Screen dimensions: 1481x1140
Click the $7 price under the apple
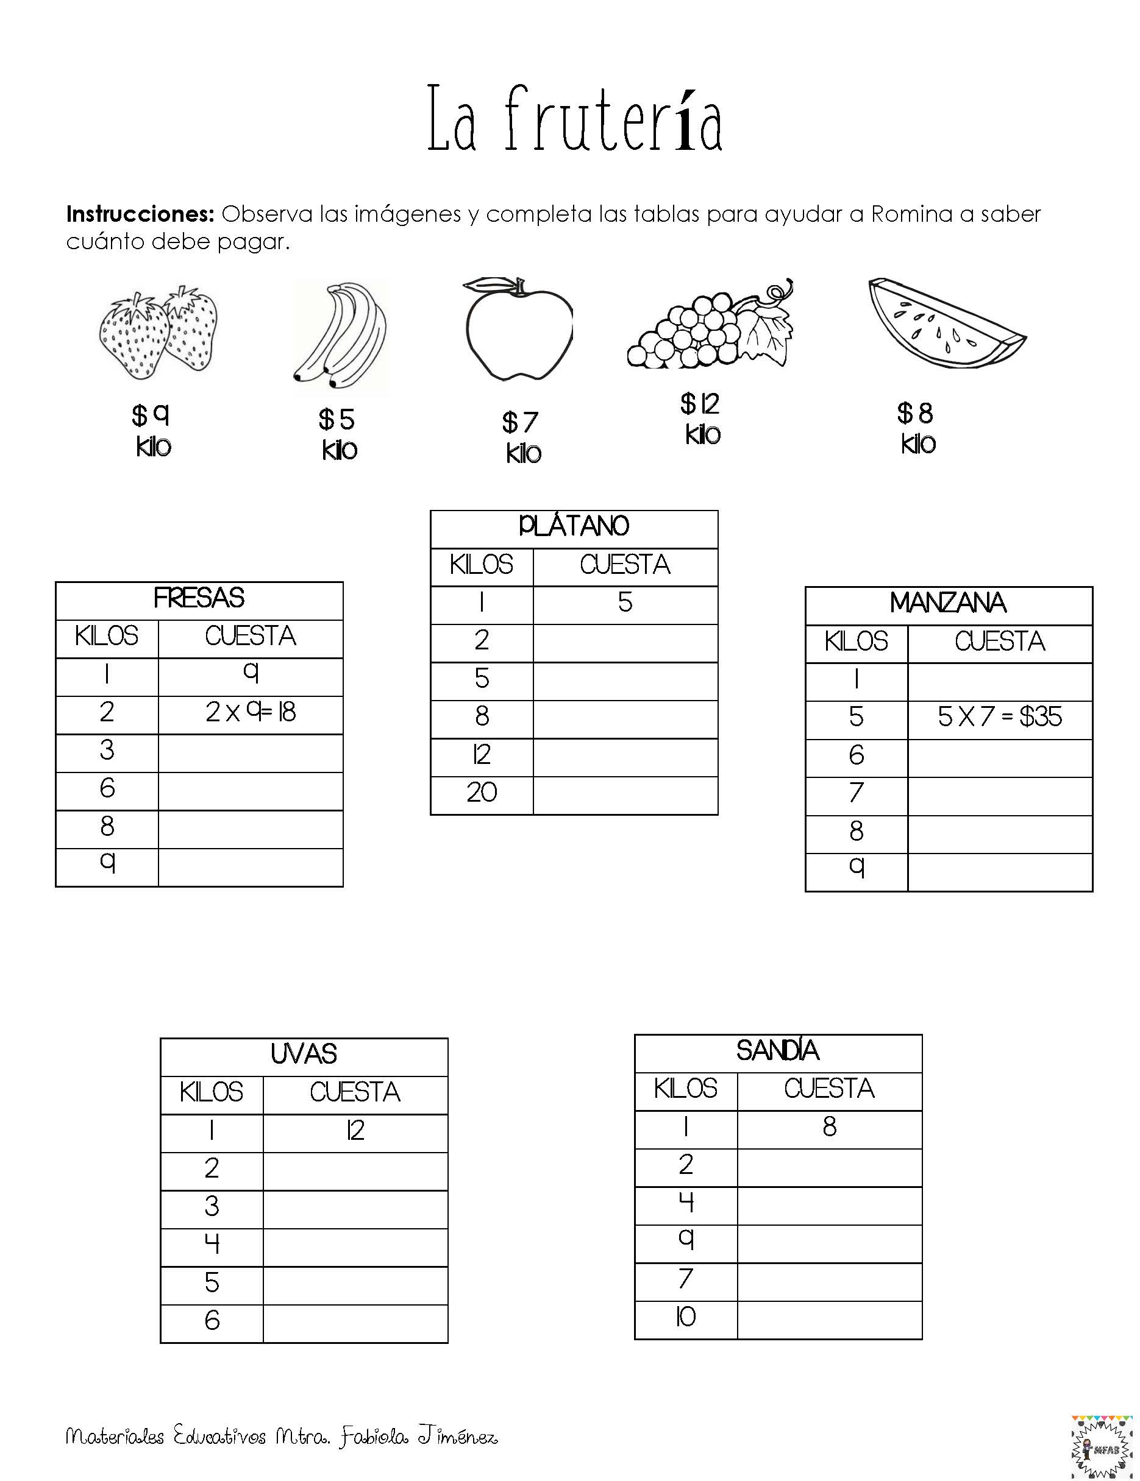(x=521, y=422)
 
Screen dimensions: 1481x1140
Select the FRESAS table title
(x=199, y=599)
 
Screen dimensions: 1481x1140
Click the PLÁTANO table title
(x=574, y=527)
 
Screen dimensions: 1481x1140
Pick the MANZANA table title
(x=948, y=604)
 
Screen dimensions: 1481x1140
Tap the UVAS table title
(x=304, y=1055)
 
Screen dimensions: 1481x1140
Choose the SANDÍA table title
(x=778, y=1051)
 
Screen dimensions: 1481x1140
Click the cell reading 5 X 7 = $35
(x=1000, y=718)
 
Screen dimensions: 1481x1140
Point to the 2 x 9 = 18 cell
(x=251, y=713)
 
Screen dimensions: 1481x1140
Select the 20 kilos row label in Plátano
(x=481, y=793)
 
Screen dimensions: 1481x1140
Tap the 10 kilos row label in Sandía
(x=685, y=1318)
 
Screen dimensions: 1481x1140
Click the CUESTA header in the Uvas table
(x=355, y=1092)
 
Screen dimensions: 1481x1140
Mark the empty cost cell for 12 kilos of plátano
(x=625, y=755)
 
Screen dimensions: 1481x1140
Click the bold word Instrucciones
(x=140, y=214)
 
